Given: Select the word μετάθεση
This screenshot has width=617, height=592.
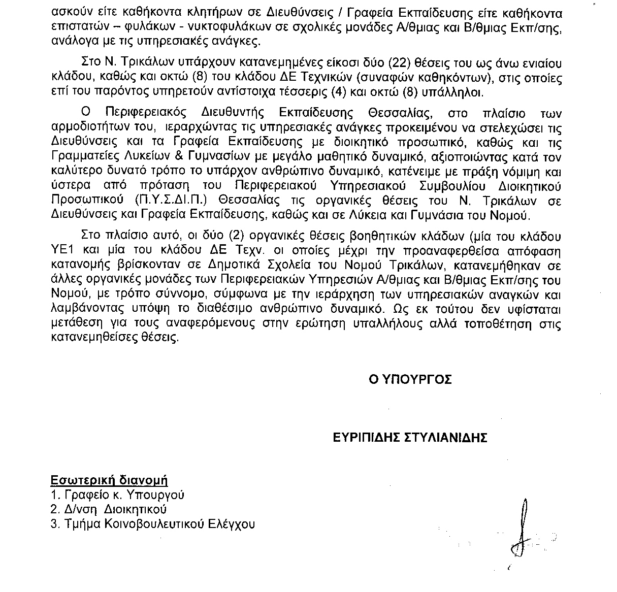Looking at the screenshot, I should (76, 323).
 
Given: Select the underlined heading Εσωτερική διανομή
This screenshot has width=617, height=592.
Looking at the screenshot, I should (109, 480).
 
